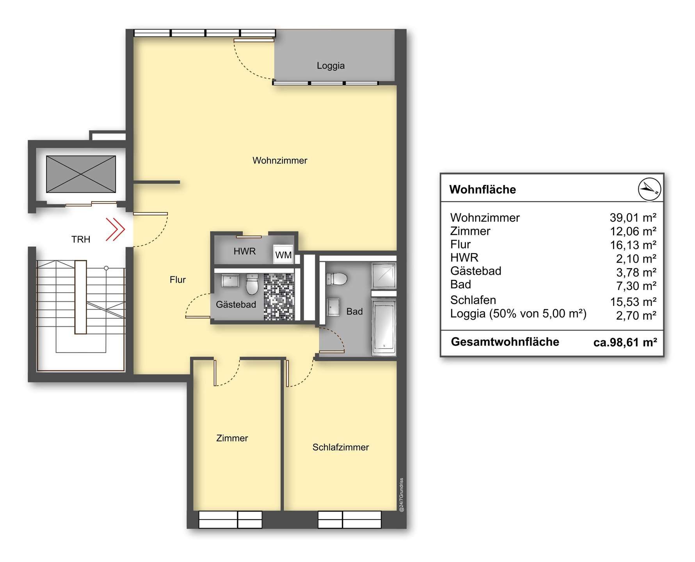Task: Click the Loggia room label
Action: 331,66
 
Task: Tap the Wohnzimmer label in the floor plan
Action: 280,160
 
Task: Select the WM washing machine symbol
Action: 283,254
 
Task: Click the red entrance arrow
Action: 115,229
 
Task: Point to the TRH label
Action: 81,239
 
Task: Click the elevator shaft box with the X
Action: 81,174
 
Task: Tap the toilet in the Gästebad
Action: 252,284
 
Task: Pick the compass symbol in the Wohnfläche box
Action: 649,189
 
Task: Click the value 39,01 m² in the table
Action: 633,218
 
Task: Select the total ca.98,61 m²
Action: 625,342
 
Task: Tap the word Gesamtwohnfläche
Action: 505,342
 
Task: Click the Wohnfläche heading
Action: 483,190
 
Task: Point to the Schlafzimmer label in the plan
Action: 341,447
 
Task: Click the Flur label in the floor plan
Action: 178,280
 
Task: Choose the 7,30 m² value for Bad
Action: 636,286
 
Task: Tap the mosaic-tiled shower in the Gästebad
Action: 278,297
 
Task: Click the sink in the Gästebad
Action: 230,280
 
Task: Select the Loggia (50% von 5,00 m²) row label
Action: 518,313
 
